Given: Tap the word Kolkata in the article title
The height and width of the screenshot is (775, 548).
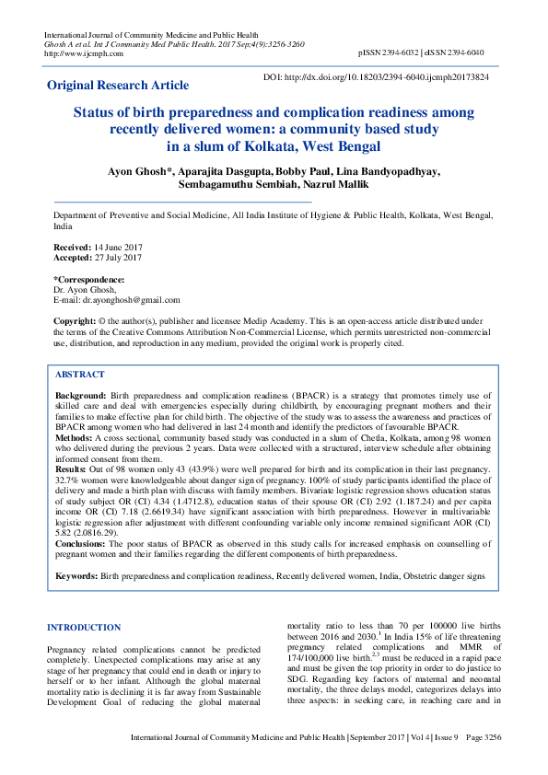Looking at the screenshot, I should [x=283, y=145].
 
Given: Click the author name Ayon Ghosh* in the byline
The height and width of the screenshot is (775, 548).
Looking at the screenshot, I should [x=141, y=171].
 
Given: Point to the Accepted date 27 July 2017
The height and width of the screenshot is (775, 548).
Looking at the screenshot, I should [x=117, y=258].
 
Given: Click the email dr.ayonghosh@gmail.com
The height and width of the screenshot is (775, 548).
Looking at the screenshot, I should [x=131, y=300].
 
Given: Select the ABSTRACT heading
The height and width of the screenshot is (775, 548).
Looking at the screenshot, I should [x=80, y=376].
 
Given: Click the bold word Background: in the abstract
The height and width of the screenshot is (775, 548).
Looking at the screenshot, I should [x=81, y=394].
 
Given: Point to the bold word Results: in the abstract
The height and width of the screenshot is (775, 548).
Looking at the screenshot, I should [x=74, y=469].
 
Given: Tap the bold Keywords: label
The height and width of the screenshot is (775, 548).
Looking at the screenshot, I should [x=77, y=575].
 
